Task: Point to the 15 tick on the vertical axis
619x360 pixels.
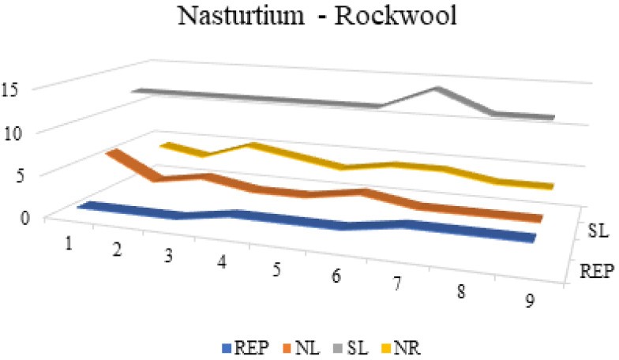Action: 13,88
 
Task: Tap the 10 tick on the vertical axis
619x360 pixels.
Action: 13,131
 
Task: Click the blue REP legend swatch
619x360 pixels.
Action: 227,344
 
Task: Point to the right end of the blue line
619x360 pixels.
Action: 534,238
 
